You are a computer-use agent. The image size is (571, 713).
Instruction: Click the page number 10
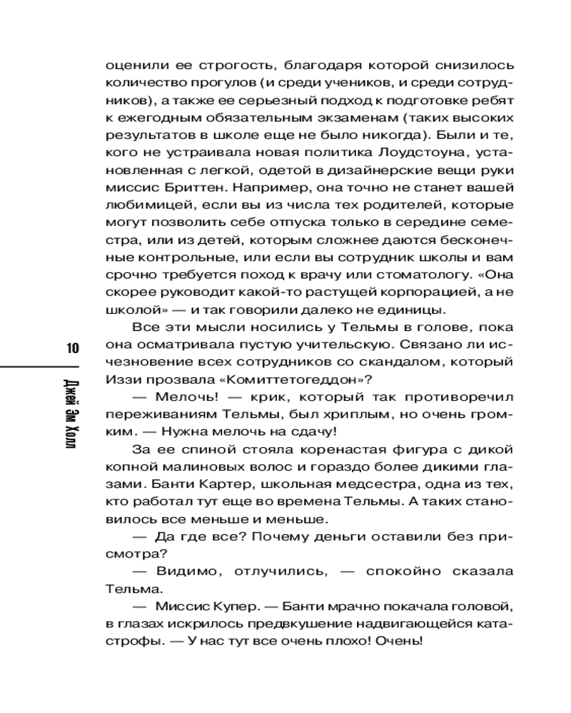tap(72, 349)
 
